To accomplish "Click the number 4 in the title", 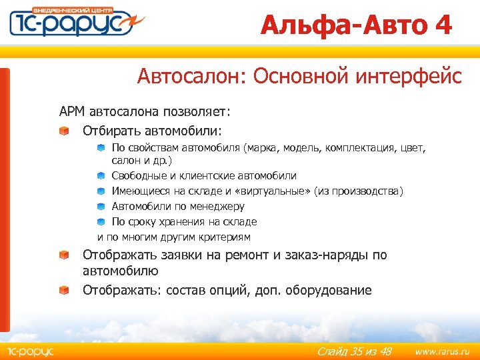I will point(442,25).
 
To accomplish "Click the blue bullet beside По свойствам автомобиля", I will point(100,147).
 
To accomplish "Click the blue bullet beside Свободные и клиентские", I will point(100,175).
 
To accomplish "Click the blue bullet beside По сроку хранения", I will point(100,222).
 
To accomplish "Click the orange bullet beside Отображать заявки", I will point(63,255).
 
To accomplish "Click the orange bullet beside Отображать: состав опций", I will point(63,291).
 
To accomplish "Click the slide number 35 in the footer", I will point(357,351).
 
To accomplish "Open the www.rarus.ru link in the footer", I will point(442,351).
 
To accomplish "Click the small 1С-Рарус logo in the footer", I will point(30,351).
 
